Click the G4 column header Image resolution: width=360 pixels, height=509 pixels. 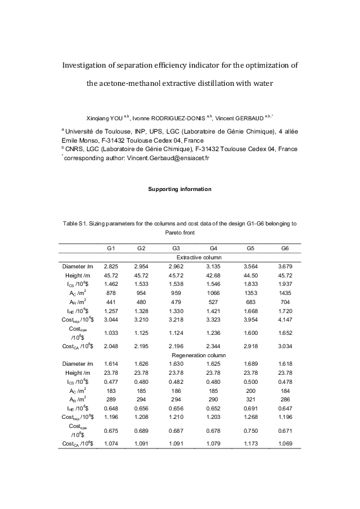[x=214, y=248]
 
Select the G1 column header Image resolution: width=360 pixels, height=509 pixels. [x=111, y=248]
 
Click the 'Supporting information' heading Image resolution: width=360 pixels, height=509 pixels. [x=180, y=189]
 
